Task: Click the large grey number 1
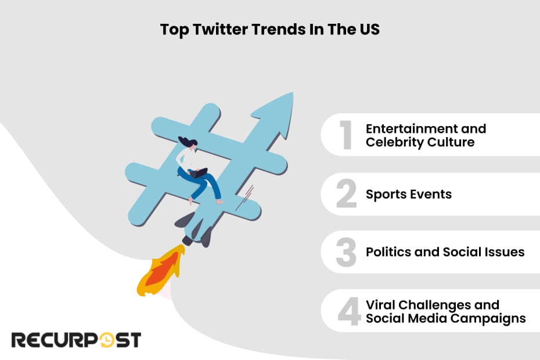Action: tap(346, 135)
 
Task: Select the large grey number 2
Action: tap(346, 194)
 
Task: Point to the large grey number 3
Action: tap(346, 253)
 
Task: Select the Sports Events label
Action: tap(408, 194)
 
